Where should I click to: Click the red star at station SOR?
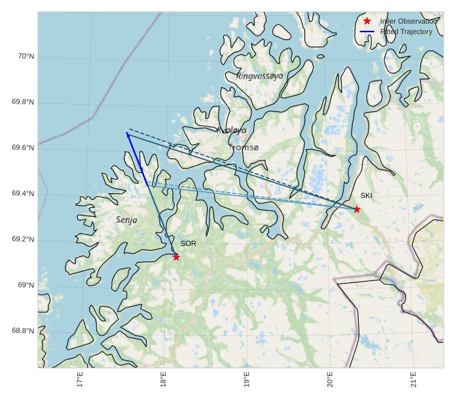pos(176,257)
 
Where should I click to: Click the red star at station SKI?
pos(357,209)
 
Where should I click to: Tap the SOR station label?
pos(189,244)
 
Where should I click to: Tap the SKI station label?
pos(366,195)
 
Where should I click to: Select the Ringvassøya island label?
pos(260,76)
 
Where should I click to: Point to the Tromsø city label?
pos(244,148)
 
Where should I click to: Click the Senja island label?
pos(126,220)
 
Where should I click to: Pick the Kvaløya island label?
pos(232,130)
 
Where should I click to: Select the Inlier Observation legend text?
pos(408,22)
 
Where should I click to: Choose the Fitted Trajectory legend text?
pos(406,31)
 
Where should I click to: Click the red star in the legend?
pos(367,22)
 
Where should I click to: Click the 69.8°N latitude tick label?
pos(23,102)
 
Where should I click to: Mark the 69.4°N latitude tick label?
pos(23,194)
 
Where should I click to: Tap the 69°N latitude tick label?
pos(25,285)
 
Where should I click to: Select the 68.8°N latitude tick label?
pos(23,331)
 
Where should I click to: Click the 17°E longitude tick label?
pos(80,380)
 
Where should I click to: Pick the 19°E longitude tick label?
pos(246,380)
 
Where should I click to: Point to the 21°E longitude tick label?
pos(413,380)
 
